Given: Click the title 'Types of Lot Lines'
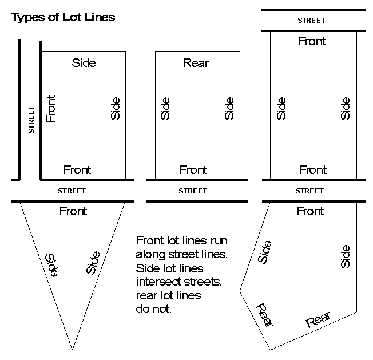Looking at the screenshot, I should point(64,17).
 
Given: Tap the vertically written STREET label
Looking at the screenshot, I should point(31,120).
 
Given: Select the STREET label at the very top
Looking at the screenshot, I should point(311,20).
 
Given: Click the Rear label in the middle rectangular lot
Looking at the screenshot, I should point(195,63).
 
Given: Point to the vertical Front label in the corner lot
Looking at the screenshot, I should point(51,109).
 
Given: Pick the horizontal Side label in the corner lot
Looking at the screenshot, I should point(84,63).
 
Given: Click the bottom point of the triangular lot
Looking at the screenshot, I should point(73,349).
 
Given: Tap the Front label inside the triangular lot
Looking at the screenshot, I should point(73,211).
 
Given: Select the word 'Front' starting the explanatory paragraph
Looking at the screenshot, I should point(149,240).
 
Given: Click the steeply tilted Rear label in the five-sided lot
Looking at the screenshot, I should point(264,315).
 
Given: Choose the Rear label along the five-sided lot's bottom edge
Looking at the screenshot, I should point(319,321).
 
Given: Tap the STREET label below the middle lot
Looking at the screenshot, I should point(193,191).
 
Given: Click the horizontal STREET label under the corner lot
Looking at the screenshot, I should point(72,191).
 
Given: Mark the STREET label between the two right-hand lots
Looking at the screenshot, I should point(311,191).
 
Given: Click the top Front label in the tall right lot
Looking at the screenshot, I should point(312,41).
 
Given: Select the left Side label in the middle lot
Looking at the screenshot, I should point(166,109).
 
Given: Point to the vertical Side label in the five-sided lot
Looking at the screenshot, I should point(345,256).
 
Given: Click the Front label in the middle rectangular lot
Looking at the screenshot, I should point(193,170).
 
